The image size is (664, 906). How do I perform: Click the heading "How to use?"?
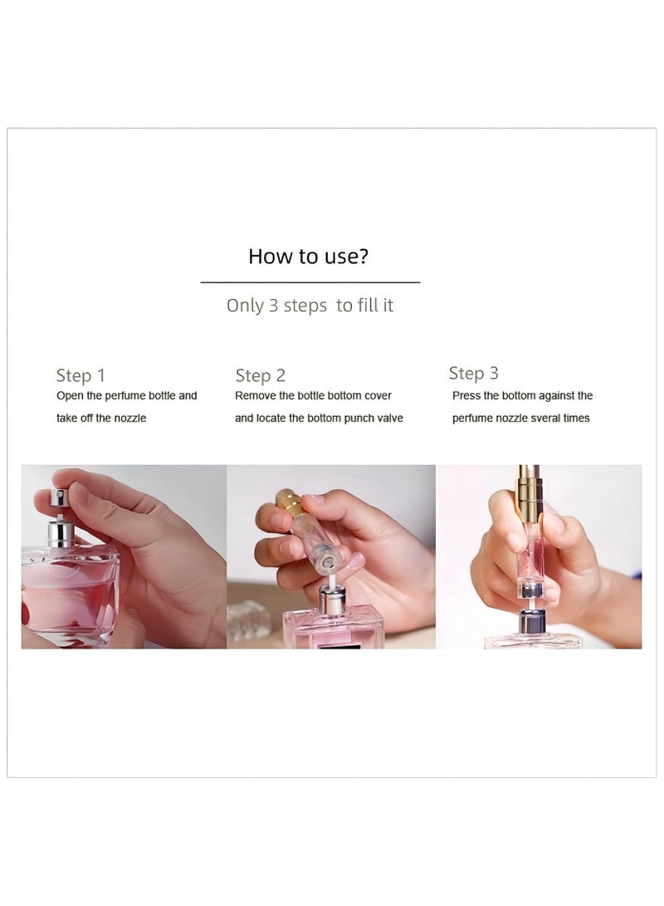click(x=308, y=256)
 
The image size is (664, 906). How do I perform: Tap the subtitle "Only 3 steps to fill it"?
click(x=310, y=305)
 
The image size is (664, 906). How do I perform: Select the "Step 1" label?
click(x=81, y=375)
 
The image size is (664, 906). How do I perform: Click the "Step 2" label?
click(x=261, y=375)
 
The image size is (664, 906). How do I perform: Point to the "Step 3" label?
click(x=473, y=373)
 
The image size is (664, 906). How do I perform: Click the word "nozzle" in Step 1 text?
click(x=130, y=418)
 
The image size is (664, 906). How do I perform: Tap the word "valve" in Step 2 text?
click(x=389, y=418)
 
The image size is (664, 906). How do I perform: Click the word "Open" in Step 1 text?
click(x=70, y=396)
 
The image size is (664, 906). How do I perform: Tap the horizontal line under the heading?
click(x=310, y=282)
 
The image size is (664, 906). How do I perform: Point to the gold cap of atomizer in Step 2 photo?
click(x=286, y=501)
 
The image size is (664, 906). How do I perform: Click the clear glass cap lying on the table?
click(x=249, y=617)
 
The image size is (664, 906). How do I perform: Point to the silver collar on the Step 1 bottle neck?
click(x=59, y=533)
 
